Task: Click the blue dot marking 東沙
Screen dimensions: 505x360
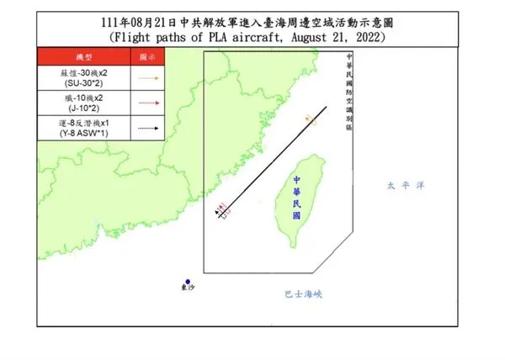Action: click(189, 282)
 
